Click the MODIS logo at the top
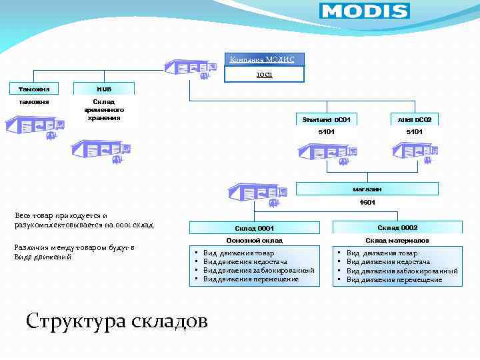point(364,11)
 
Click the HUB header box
point(104,88)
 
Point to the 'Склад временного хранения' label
point(104,109)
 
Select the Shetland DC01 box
point(326,119)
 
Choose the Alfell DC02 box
point(414,119)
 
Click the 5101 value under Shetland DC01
point(326,132)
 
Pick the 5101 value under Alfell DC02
point(414,132)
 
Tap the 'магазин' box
point(367,189)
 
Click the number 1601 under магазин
point(367,202)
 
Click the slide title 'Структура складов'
point(117,321)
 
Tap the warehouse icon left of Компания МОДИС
point(191,69)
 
